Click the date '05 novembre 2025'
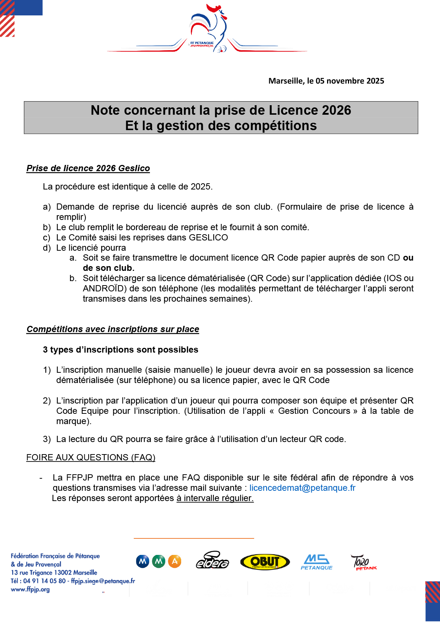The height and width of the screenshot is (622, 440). point(350,81)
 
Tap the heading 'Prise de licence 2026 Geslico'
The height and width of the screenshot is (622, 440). point(88,168)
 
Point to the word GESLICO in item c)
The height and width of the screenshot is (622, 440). point(208,238)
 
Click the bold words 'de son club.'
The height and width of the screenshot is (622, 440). point(109,268)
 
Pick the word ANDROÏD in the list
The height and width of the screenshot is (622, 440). point(103,288)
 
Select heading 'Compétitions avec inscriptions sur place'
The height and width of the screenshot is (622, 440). point(113,329)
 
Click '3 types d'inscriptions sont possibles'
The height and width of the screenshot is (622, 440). point(120,350)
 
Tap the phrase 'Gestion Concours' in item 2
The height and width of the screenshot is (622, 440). point(314,411)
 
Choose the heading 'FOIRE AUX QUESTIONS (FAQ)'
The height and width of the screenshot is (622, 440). point(91,457)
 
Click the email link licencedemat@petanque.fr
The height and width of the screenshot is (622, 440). point(302,488)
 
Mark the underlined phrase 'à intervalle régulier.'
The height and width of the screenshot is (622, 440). point(215,498)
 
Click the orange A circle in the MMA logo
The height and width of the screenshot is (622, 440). point(175,561)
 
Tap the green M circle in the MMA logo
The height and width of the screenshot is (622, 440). point(158,561)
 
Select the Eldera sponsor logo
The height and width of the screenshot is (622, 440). point(212,561)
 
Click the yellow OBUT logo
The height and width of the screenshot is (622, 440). point(265,562)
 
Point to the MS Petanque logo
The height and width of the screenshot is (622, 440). point(316,562)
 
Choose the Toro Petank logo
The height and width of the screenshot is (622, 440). point(363,562)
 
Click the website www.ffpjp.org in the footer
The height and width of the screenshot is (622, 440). point(30,589)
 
